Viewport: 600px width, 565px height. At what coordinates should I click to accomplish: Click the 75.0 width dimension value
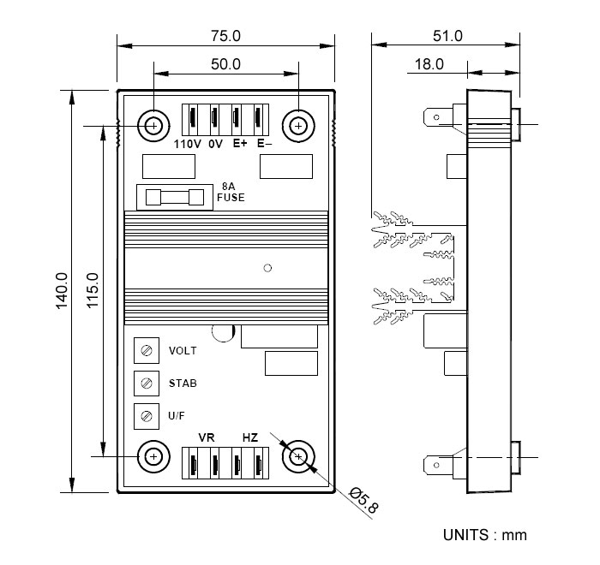[x=225, y=36]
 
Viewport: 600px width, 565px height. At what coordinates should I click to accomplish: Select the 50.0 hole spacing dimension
[x=225, y=64]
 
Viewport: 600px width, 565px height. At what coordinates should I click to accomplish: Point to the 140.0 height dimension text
[x=62, y=290]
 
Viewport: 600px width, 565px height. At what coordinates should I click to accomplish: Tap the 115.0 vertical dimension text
[x=93, y=290]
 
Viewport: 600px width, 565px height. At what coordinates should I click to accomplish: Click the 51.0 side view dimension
[x=447, y=36]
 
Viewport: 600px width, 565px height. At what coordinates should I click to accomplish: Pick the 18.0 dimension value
[x=429, y=64]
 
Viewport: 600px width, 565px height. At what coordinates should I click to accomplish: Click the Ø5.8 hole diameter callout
[x=364, y=500]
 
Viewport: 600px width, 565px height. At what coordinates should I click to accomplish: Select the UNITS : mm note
[x=485, y=535]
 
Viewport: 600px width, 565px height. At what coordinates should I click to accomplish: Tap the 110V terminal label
[x=187, y=144]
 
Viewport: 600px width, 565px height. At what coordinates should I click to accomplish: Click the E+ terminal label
[x=240, y=143]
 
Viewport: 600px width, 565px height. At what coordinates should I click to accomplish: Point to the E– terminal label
[x=264, y=143]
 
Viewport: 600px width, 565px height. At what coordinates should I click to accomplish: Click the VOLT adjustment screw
[x=147, y=350]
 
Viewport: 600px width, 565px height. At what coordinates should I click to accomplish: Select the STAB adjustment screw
[x=147, y=383]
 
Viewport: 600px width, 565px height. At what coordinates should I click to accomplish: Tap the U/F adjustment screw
[x=147, y=416]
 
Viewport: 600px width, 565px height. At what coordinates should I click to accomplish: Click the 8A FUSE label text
[x=231, y=192]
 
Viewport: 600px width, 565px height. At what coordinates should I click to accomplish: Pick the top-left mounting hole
[x=153, y=126]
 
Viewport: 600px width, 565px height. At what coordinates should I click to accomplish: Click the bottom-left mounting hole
[x=153, y=456]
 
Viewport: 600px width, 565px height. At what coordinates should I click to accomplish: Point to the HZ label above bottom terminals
[x=250, y=437]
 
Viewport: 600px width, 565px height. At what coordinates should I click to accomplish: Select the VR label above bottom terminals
[x=207, y=437]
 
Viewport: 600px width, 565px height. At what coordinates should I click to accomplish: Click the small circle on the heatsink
[x=267, y=268]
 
